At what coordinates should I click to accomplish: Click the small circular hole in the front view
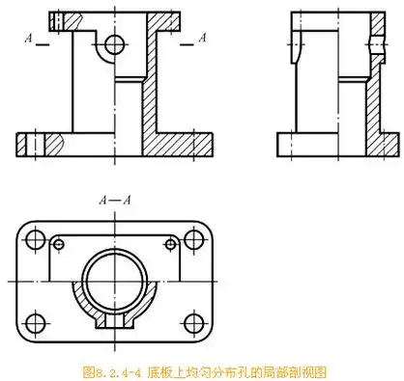coord(116,43)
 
